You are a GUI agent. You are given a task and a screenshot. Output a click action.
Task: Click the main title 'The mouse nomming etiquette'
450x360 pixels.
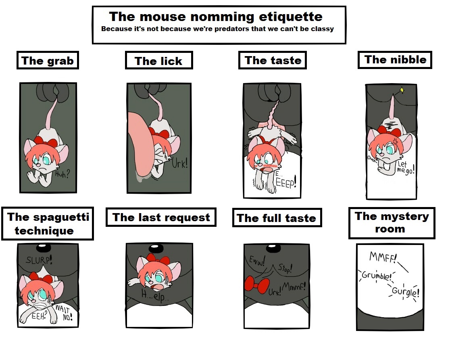pyautogui.click(x=216, y=17)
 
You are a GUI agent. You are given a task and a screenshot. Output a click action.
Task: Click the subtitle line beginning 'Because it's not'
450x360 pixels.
pyautogui.click(x=217, y=29)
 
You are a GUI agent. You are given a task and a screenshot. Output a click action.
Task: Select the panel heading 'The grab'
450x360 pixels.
pyautogui.click(x=48, y=61)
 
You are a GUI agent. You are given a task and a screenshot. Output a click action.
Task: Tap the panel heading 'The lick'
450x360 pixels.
pyautogui.click(x=158, y=61)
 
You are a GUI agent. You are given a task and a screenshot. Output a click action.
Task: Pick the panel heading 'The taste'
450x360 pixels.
pyautogui.click(x=273, y=60)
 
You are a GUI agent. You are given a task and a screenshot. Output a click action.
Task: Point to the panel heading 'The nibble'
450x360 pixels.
pyautogui.click(x=396, y=59)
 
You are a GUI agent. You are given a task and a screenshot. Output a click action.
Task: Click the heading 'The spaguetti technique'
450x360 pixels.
pyautogui.click(x=48, y=224)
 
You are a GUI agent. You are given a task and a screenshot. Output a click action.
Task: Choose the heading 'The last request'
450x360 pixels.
pyautogui.click(x=161, y=218)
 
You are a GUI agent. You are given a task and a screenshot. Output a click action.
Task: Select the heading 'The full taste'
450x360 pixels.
pyautogui.click(x=276, y=218)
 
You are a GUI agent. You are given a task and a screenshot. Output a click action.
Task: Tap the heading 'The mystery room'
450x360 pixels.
pyautogui.click(x=392, y=222)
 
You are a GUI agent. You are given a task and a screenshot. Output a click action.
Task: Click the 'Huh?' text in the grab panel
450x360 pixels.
pyautogui.click(x=62, y=173)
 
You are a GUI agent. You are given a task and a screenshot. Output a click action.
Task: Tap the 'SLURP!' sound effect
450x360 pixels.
pyautogui.click(x=39, y=260)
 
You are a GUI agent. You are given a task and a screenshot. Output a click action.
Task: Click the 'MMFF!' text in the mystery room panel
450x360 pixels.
pyautogui.click(x=383, y=257)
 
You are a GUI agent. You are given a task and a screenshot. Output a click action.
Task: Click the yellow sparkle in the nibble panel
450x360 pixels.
pyautogui.click(x=402, y=90)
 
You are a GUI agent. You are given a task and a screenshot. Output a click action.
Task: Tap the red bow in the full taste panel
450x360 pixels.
pyautogui.click(x=257, y=285)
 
